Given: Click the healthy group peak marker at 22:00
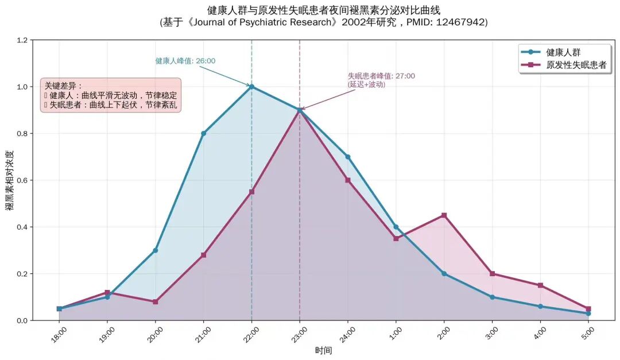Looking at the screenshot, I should tap(251, 87).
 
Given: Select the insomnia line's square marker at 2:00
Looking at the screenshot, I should tap(444, 215).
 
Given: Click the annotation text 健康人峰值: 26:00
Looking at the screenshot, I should tap(185, 61).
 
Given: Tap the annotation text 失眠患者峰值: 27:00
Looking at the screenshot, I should tap(381, 76).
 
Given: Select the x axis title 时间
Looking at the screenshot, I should tap(323, 350).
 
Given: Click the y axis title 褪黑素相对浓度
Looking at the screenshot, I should tap(9, 180).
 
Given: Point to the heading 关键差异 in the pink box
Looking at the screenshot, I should tap(63, 86).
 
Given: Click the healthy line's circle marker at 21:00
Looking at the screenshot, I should tap(203, 133).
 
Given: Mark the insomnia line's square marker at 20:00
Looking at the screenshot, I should tap(155, 301).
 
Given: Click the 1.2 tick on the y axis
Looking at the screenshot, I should tap(22, 40).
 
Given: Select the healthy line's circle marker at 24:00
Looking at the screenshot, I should tap(347, 157).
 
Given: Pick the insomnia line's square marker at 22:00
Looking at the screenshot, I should tap(251, 192).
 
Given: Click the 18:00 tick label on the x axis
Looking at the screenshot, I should tap(59, 334).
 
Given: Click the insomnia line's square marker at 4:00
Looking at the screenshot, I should tap(540, 285).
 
